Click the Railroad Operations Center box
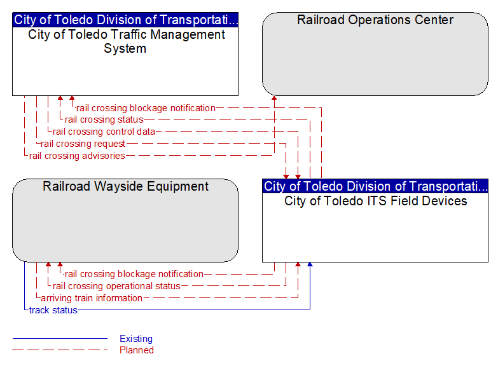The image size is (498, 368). [x=375, y=54]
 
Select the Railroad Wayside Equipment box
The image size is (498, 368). [x=125, y=221]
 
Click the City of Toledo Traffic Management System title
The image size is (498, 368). [x=126, y=41]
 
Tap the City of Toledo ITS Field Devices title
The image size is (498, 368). [x=376, y=201]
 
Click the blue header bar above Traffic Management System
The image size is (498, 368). [x=125, y=20]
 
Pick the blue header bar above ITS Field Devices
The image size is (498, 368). [x=375, y=186]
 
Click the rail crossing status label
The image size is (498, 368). [x=104, y=119]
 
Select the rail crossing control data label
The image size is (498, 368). [x=104, y=132]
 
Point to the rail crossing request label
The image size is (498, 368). [x=83, y=144]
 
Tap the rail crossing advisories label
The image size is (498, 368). [x=77, y=156]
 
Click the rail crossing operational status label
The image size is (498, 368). [x=116, y=286]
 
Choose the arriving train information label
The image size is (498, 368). [x=92, y=298]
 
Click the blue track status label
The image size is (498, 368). [x=53, y=310]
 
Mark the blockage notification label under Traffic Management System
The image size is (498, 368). [x=146, y=108]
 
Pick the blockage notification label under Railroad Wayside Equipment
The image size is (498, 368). [x=134, y=274]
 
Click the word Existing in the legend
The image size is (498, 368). [x=136, y=339]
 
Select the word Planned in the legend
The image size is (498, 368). [x=137, y=350]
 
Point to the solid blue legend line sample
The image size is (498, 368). [x=60, y=339]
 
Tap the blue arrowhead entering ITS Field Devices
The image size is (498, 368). [x=310, y=264]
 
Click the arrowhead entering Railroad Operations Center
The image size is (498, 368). [x=274, y=98]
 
